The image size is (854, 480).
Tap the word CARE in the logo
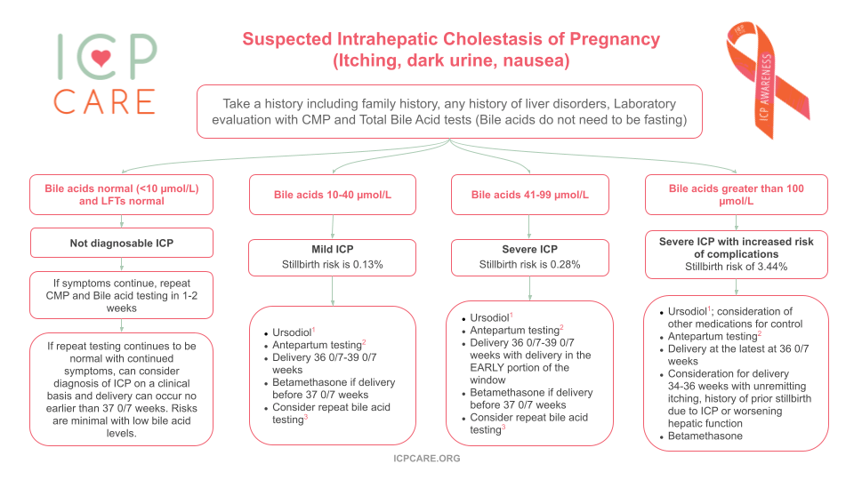pos(104,100)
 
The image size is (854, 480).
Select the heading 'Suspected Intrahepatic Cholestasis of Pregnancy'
pos(451,40)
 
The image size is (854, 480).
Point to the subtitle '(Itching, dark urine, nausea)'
pos(451,62)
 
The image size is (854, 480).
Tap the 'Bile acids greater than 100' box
pos(737,195)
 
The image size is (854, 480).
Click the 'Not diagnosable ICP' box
pos(122,243)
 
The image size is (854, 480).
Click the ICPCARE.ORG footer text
pos(427,459)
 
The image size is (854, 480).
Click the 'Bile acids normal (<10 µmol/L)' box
pos(122,195)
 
